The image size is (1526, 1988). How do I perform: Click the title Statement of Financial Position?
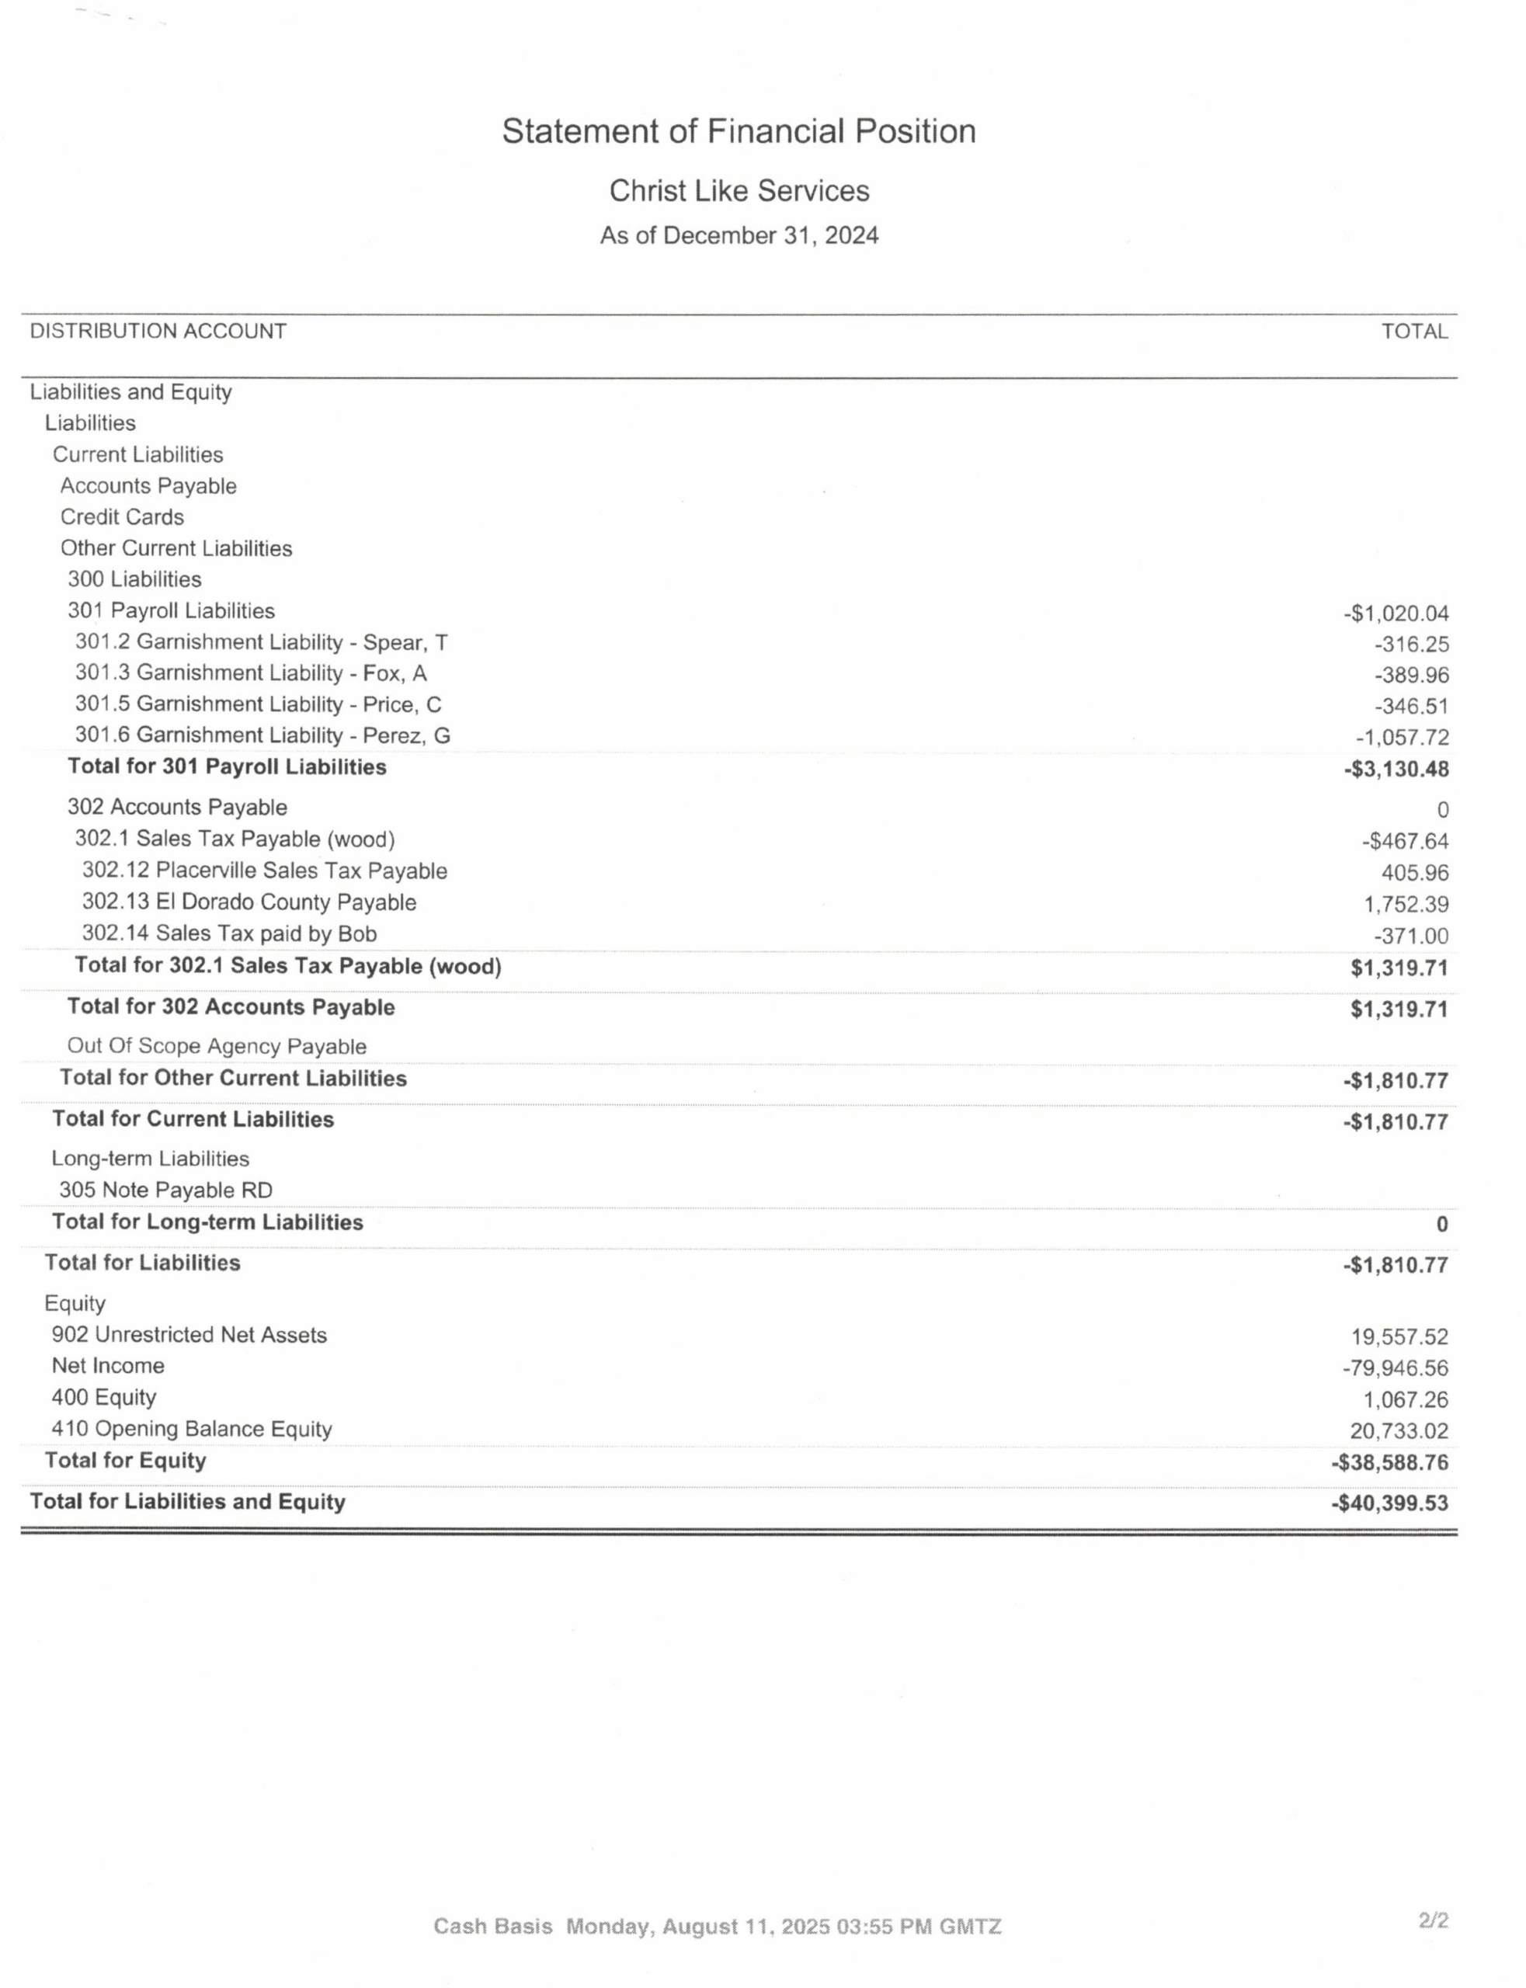coord(739,132)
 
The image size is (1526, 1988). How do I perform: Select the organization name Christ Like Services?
coord(739,191)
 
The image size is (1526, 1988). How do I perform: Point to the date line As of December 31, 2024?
coord(739,236)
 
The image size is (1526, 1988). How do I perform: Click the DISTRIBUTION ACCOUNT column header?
coord(158,332)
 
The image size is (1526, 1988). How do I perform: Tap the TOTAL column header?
coord(1414,332)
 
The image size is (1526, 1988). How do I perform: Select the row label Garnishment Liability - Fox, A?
coord(251,674)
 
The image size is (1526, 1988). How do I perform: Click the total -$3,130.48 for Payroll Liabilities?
coord(1396,770)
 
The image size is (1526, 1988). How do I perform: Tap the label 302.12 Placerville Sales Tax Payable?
coord(264,871)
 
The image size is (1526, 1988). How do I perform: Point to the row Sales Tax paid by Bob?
coord(229,934)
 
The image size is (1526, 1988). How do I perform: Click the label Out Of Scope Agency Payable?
coord(216,1046)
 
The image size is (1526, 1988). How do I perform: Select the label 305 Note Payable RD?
coord(165,1190)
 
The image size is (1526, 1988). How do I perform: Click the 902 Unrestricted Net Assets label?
coord(189,1335)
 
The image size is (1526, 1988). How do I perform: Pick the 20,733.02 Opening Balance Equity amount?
coord(1399,1431)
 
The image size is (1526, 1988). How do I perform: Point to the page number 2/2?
coord(1433,1920)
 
